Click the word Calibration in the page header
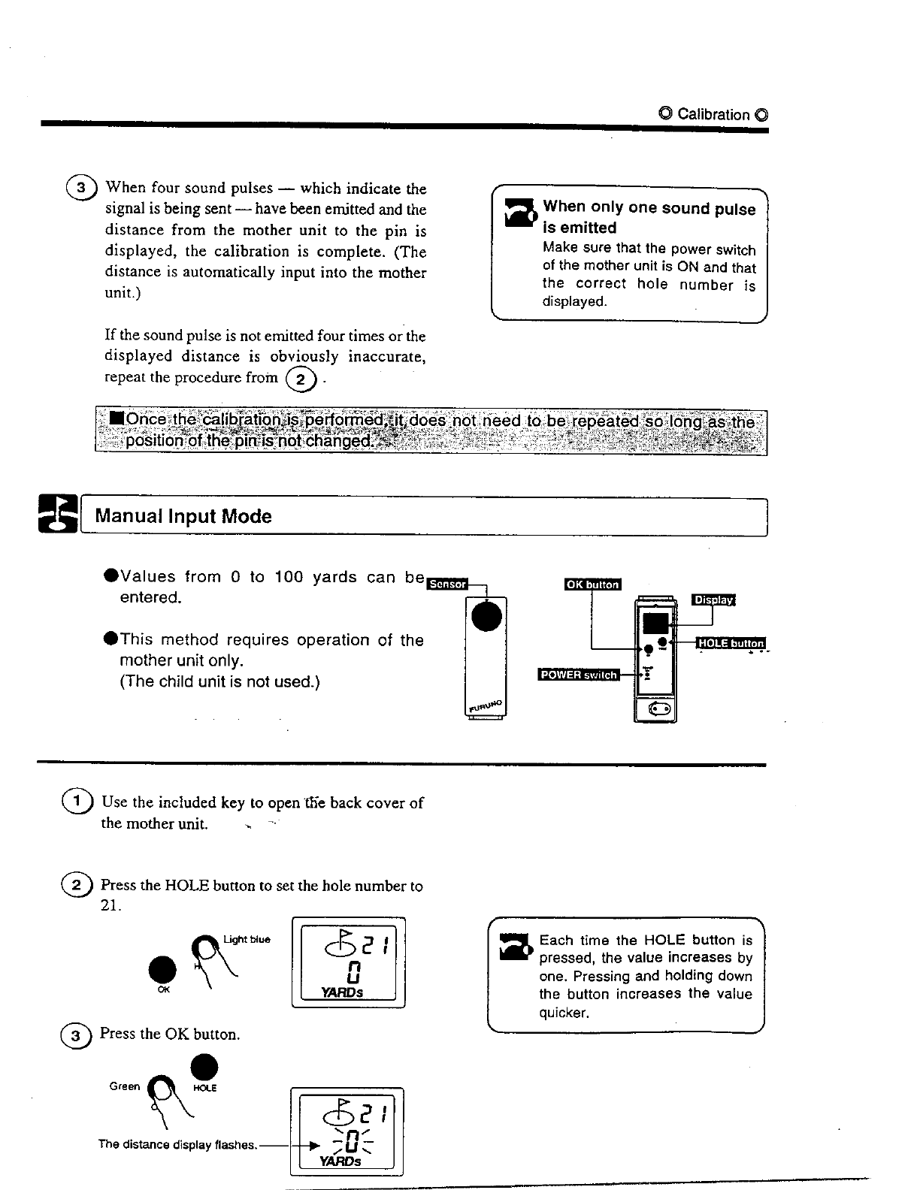tap(713, 114)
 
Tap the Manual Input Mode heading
tap(183, 517)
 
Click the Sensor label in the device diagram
tap(446, 584)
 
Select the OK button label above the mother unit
tap(592, 584)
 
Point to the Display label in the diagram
tap(713, 600)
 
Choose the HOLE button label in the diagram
tap(730, 643)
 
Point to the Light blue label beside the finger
tap(247, 939)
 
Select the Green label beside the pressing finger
tap(125, 1086)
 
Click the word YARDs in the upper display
tap(342, 992)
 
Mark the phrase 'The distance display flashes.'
tap(178, 1145)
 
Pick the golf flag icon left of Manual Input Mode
tap(59, 515)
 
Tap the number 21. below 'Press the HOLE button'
tap(110, 906)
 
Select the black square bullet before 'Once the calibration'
tap(116, 418)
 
